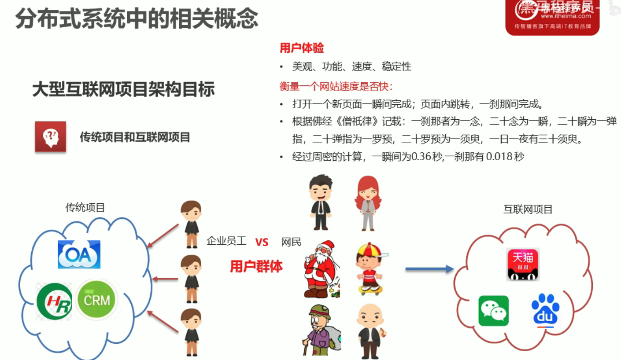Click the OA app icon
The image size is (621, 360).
[79, 254]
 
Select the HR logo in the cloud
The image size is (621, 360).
[55, 302]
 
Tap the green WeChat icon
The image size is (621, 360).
[493, 311]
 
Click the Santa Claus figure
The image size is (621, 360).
[321, 271]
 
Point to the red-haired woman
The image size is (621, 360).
[367, 202]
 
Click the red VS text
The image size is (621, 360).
[262, 242]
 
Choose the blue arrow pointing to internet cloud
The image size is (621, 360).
[429, 269]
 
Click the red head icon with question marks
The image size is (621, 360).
[51, 137]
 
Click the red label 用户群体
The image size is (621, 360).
[256, 266]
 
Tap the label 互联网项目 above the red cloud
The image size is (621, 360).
[528, 209]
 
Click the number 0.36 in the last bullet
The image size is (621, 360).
[421, 157]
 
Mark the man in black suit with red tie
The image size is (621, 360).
[320, 202]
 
